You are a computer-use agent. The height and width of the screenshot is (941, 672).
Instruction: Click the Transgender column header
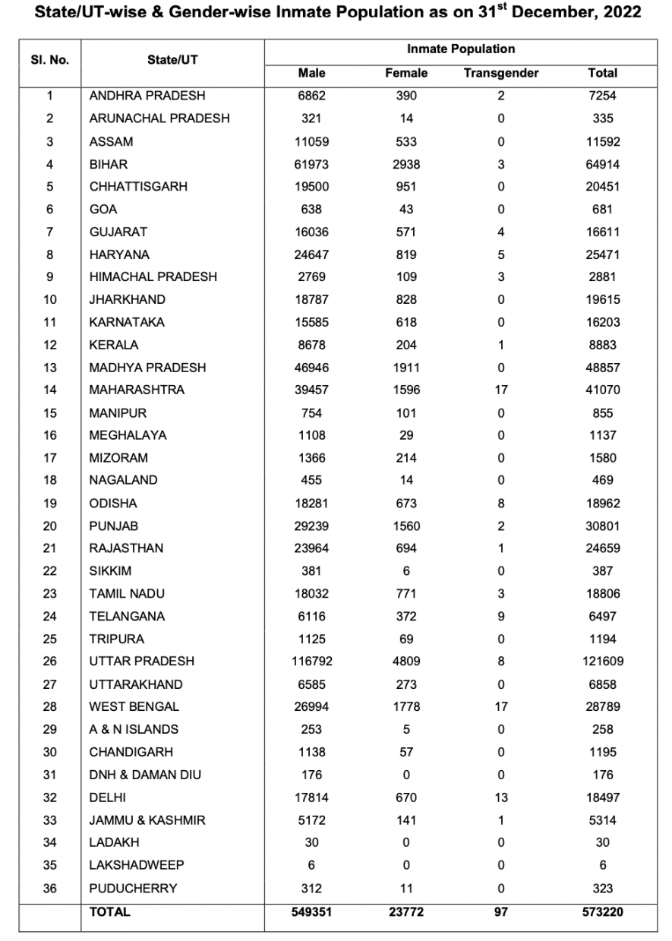point(500,73)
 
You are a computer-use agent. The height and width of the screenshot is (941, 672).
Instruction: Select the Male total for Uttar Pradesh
point(311,661)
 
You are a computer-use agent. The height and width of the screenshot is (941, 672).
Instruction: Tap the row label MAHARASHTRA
point(137,390)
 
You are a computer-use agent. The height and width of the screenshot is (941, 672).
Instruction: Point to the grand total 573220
point(602,911)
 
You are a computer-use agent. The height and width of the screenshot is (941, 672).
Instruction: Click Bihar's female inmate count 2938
point(406,164)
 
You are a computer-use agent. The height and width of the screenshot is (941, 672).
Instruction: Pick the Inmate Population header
point(460,49)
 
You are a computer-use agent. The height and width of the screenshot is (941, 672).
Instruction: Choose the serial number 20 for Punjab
point(50,526)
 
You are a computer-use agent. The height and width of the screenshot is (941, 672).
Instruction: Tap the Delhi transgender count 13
point(500,797)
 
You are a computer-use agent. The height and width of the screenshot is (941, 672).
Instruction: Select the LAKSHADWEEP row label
point(137,865)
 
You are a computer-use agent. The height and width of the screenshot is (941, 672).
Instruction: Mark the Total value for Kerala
point(602,345)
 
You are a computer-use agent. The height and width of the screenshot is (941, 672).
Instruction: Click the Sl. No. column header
point(50,59)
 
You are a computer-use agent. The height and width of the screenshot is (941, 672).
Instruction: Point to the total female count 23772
point(406,911)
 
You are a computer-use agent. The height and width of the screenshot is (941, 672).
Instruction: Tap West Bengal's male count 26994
point(311,706)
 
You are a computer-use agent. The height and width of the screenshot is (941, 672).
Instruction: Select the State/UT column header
point(172,59)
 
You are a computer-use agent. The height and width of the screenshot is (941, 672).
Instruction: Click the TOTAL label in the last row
point(110,911)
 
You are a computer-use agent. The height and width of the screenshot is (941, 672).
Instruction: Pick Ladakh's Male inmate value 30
point(311,842)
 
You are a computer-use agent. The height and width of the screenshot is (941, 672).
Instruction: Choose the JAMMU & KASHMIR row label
point(147,820)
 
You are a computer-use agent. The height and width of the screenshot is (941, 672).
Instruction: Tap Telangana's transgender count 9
point(500,616)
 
